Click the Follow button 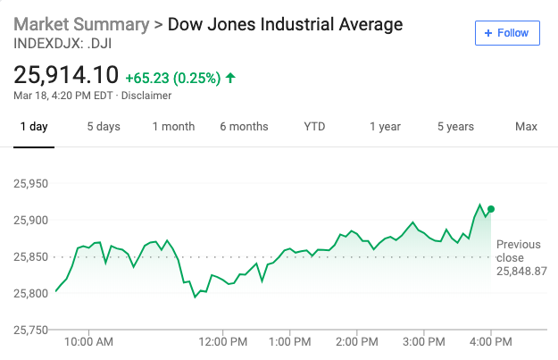click(507, 33)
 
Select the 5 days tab click(104, 127)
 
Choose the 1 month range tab click(173, 127)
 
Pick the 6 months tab click(244, 127)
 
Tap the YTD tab click(314, 127)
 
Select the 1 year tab click(385, 127)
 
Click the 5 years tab click(455, 127)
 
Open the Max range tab click(526, 127)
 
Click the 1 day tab click(34, 127)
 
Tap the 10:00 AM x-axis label click(89, 341)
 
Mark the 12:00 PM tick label click(223, 341)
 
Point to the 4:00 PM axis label click(491, 341)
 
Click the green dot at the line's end click(491, 209)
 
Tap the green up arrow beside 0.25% click(230, 78)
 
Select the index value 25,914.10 click(66, 76)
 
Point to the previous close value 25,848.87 click(521, 271)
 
